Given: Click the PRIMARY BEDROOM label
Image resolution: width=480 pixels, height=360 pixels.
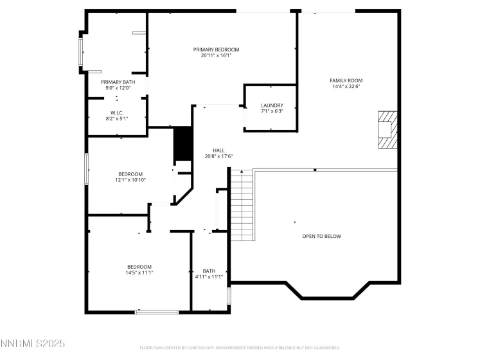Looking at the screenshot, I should coord(216,50).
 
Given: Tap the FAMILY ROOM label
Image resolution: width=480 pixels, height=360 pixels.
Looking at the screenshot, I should coord(346,80).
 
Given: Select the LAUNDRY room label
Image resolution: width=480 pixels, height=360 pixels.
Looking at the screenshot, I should coord(272,105).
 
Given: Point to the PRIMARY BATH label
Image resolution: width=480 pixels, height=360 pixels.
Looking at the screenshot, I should coord(118,82).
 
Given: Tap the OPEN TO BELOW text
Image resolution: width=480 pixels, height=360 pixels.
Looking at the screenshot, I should coord(321,236).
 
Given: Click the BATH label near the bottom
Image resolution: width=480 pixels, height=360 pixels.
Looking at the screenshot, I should coord(209,271).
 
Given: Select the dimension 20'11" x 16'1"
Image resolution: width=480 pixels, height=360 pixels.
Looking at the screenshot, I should coord(216,56).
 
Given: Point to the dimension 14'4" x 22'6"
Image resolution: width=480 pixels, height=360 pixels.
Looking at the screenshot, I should coord(346,87).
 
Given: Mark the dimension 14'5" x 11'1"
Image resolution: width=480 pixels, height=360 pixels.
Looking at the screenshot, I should coord(139,273).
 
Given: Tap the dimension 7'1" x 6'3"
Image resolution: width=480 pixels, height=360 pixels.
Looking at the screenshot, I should coord(272,111).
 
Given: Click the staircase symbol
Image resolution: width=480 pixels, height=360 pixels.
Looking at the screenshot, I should coord(242,204).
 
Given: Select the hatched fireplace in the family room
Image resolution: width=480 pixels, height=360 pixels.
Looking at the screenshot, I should coord(387,129).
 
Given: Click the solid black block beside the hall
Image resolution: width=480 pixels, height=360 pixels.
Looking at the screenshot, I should coord(184,144).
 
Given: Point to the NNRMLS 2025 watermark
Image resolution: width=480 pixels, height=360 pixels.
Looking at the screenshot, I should coord(33,345).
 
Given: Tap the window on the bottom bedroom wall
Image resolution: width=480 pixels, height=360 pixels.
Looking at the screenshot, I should coord(156,312).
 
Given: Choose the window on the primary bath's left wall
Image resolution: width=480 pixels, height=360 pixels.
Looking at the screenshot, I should coord(80,51).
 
